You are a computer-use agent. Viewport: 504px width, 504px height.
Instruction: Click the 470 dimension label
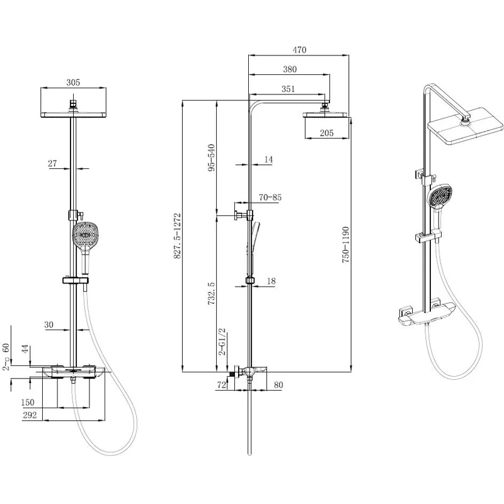pos(299,50)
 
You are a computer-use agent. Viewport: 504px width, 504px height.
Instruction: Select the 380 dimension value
pos(290,69)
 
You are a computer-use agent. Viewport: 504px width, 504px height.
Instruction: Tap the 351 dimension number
pos(288,89)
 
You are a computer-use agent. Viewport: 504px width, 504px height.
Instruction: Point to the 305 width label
pos(73,83)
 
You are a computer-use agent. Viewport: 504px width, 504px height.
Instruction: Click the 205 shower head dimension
pos(326,133)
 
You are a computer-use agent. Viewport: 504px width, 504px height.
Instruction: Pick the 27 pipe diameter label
pos(52,163)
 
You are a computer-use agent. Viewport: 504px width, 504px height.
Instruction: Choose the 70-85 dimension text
pos(270,197)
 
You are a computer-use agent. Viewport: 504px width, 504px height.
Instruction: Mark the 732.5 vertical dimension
pos(211,294)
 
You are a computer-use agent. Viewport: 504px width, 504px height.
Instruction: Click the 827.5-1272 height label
pos(177,236)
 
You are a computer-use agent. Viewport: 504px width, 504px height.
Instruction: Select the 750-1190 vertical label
pos(345,244)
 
